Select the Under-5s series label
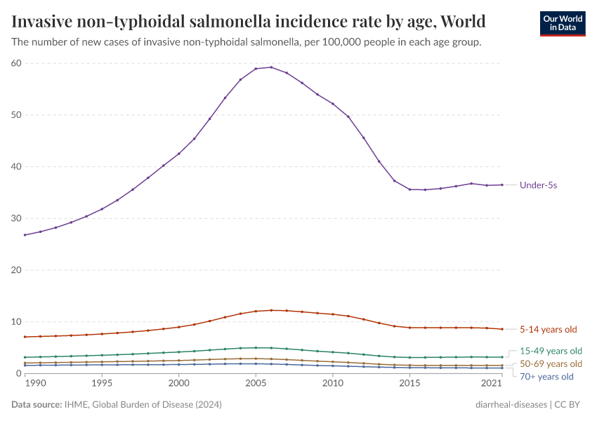539,185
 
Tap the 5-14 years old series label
549,329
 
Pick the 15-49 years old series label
551,350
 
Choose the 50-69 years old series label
551,363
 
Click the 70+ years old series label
546,377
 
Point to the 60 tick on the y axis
17,63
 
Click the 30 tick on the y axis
17,218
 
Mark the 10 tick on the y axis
17,321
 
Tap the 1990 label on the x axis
25,385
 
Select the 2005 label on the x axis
256,385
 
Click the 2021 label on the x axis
492,385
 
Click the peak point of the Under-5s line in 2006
271,67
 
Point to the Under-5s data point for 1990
25,234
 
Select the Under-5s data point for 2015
409,189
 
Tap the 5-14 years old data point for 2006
271,310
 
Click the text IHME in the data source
74,405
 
